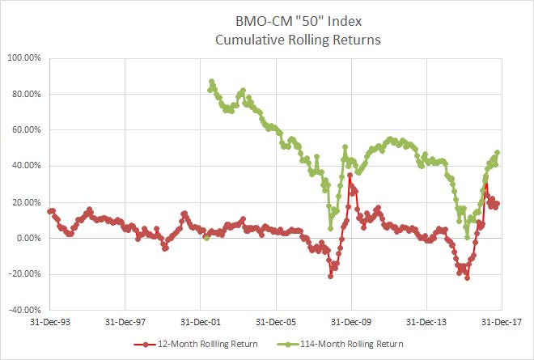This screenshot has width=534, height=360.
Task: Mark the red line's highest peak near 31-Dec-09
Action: (x=350, y=175)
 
